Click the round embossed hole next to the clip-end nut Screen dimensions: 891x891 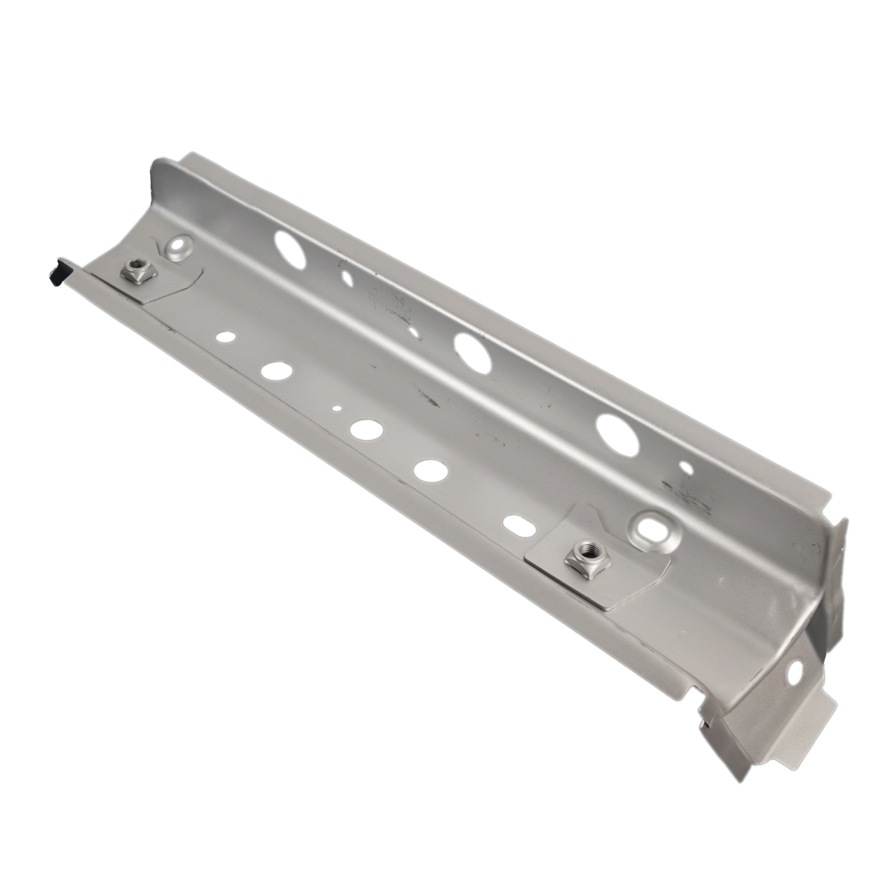[178, 247]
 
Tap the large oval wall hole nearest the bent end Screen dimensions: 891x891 [618, 434]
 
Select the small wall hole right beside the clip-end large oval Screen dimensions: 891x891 [347, 280]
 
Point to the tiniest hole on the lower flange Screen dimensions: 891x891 [337, 407]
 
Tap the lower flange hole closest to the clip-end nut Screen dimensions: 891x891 [223, 337]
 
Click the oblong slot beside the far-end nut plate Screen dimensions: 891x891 [515, 523]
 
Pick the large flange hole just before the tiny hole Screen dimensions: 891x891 [276, 369]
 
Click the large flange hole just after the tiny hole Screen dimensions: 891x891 [365, 429]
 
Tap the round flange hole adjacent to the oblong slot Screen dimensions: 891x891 [431, 469]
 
